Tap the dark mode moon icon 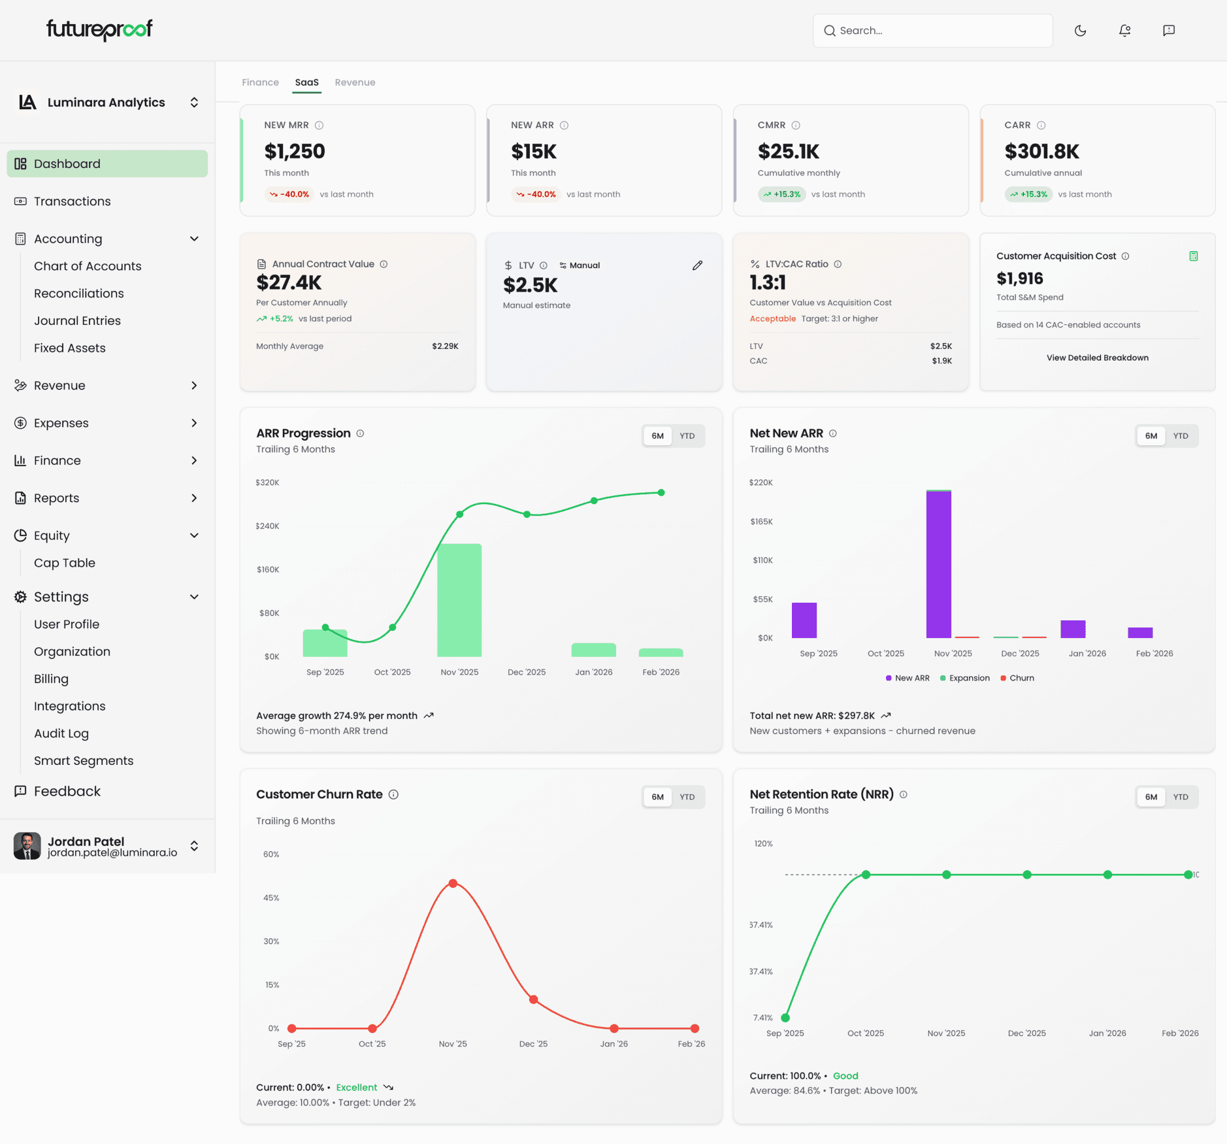pyautogui.click(x=1080, y=31)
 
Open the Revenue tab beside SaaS pyautogui.click(x=355, y=82)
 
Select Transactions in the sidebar pyautogui.click(x=72, y=201)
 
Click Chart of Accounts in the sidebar pyautogui.click(x=88, y=266)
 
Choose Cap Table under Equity pyautogui.click(x=64, y=563)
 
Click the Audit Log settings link pyautogui.click(x=61, y=733)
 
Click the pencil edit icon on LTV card pyautogui.click(x=697, y=265)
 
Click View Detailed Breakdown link pyautogui.click(x=1097, y=358)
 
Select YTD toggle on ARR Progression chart pyautogui.click(x=687, y=436)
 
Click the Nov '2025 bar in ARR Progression pyautogui.click(x=459, y=600)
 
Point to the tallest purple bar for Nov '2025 pyautogui.click(x=938, y=564)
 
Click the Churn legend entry pyautogui.click(x=1017, y=678)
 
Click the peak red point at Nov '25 pyautogui.click(x=453, y=883)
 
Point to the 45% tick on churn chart pyautogui.click(x=271, y=898)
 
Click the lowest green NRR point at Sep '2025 pyautogui.click(x=785, y=1018)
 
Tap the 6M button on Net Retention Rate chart pyautogui.click(x=1151, y=797)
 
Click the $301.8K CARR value pyautogui.click(x=1041, y=152)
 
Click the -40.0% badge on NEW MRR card pyautogui.click(x=289, y=194)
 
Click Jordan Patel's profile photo pyautogui.click(x=27, y=846)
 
